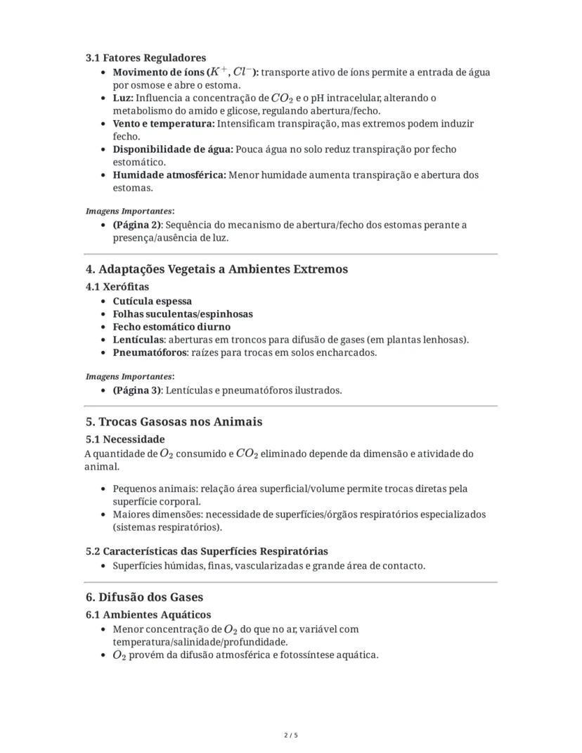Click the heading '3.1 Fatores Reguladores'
145,58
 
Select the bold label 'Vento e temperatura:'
164,124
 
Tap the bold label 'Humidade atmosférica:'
169,175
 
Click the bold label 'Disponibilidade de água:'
173,150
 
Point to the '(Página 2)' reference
137,225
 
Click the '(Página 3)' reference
137,390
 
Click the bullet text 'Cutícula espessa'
152,301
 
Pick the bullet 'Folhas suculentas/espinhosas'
183,314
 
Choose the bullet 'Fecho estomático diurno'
172,327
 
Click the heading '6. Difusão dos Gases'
144,597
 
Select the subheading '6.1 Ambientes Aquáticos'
148,614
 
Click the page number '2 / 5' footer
291,735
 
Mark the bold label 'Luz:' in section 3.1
123,98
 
